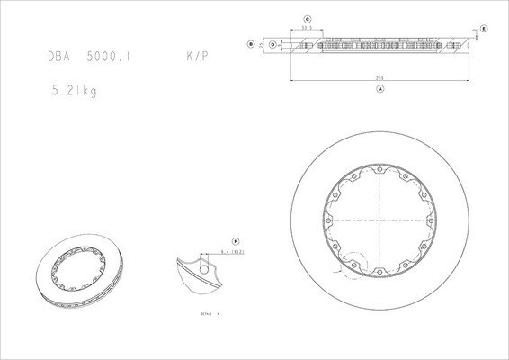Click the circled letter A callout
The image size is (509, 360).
tap(380, 90)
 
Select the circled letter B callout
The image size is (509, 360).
tap(251, 42)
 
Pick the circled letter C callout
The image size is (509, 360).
tap(307, 17)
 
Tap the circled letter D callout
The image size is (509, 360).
tap(272, 42)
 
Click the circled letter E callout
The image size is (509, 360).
tap(484, 29)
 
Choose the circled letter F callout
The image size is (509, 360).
tap(236, 241)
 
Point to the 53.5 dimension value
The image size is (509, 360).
tap(307, 27)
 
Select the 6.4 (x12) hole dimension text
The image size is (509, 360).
tap(233, 255)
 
